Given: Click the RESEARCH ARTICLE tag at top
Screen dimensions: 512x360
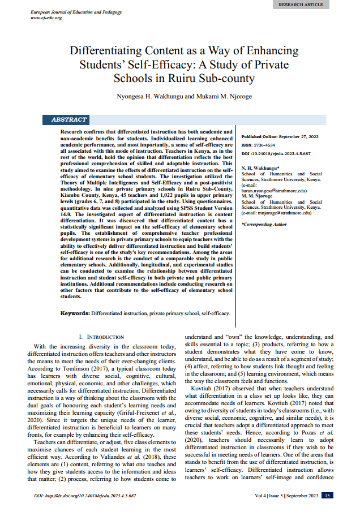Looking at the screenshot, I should pyautogui.click(x=301, y=5).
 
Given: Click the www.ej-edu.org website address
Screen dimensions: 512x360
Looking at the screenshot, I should pyautogui.click(x=46, y=18).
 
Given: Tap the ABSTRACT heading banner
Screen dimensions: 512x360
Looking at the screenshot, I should pyautogui.click(x=68, y=120).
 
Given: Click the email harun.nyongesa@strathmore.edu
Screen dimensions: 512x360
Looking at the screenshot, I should pyautogui.click(x=273, y=191).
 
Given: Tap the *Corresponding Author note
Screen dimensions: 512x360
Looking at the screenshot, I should pyautogui.click(x=264, y=224).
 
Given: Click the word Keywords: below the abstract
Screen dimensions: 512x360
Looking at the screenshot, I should pyautogui.click(x=75, y=312).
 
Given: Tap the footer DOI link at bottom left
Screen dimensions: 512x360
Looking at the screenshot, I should pyautogui.click(x=84, y=496).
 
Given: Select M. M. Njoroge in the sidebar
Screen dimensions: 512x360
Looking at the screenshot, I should pyautogui.click(x=256, y=196).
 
